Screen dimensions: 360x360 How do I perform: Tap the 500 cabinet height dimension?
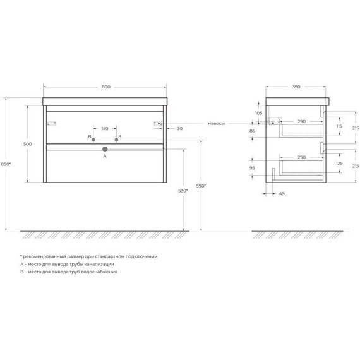tap(27, 145)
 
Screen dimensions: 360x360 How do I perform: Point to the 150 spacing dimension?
tap(105, 127)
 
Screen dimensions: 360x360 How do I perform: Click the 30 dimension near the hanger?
tap(180, 129)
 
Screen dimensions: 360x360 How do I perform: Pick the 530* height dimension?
tap(184, 189)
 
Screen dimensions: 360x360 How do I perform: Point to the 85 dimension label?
tap(253, 131)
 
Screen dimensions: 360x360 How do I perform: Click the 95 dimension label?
tap(253, 169)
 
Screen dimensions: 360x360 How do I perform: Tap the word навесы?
tap(216, 124)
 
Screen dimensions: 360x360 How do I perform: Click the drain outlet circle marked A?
tap(105, 150)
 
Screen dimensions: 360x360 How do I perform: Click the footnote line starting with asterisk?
tap(88, 257)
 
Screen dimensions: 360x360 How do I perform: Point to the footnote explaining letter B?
tap(69, 272)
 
